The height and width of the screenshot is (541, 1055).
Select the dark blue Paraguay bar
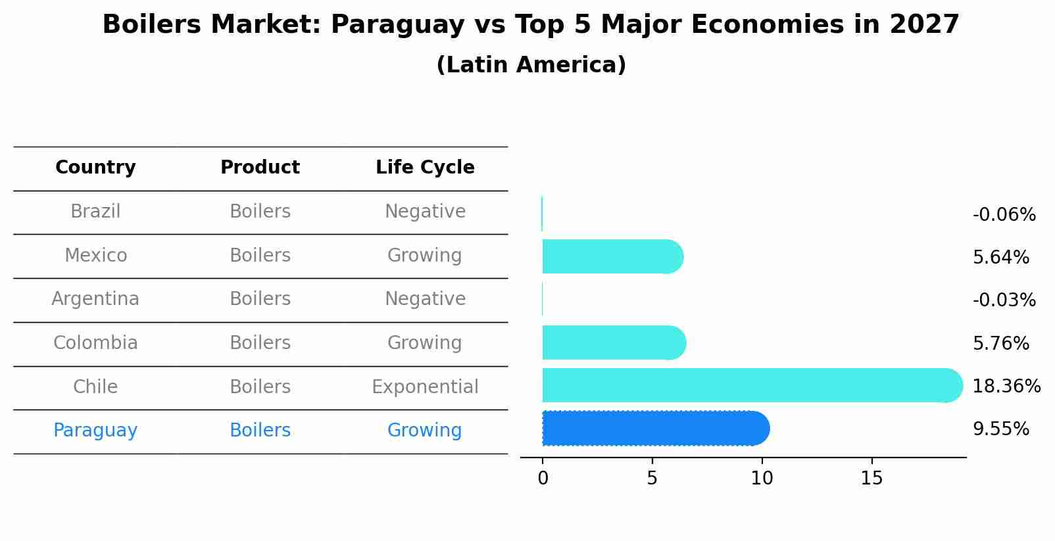click(654, 429)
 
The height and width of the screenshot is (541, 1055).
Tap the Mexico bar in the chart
click(612, 256)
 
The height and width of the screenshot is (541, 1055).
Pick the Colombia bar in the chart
click(613, 342)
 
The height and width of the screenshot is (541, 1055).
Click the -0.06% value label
click(1004, 215)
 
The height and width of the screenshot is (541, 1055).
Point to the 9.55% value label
click(1000, 429)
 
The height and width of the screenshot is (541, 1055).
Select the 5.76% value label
click(1000, 343)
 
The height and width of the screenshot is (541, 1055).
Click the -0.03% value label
click(1004, 300)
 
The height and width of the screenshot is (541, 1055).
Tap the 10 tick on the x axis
click(762, 479)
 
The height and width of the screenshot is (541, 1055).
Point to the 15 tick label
click(871, 479)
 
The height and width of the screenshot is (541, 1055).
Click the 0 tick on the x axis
click(543, 479)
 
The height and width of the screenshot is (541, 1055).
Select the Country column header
click(95, 168)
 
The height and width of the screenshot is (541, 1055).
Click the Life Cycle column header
click(425, 168)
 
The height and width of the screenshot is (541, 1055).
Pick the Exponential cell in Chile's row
click(425, 387)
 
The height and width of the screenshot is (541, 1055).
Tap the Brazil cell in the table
click(95, 212)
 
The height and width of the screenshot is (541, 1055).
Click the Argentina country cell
click(95, 299)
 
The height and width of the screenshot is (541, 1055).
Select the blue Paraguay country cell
click(95, 431)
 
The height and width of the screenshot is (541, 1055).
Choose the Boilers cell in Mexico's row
click(260, 255)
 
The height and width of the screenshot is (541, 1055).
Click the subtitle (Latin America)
click(531, 65)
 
